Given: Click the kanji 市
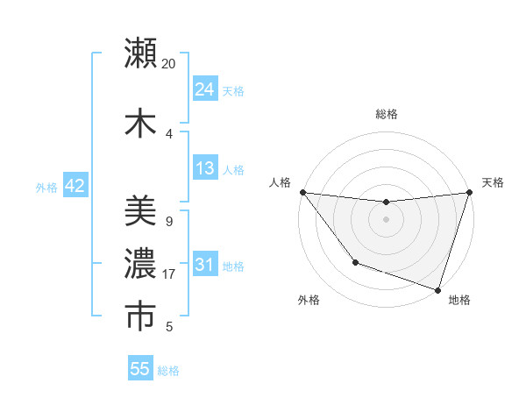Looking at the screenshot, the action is pos(141,316).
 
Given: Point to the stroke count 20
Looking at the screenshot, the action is pos(169,64).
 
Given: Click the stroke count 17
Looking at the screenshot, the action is pos(169,274).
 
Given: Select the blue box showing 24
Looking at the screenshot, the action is pos(204,89).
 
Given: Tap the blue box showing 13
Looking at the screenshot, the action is pos(204,168).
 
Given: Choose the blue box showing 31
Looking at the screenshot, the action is pos(204,265).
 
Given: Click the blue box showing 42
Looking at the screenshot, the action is pos(75,186).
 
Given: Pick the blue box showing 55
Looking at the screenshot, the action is pos(140,369).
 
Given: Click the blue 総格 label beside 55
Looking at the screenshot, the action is pos(168,371).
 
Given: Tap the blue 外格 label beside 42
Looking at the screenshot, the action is pos(46,187).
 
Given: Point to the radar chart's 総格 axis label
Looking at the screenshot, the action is pos(387,114).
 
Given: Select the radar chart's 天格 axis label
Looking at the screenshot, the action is pos(493,182).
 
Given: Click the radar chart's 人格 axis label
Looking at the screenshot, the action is pos(280,182).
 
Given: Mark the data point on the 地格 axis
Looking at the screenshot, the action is pos(437,289).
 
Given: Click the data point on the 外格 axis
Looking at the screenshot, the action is pos(355,262).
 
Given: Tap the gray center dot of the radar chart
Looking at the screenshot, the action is pos(386,219).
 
